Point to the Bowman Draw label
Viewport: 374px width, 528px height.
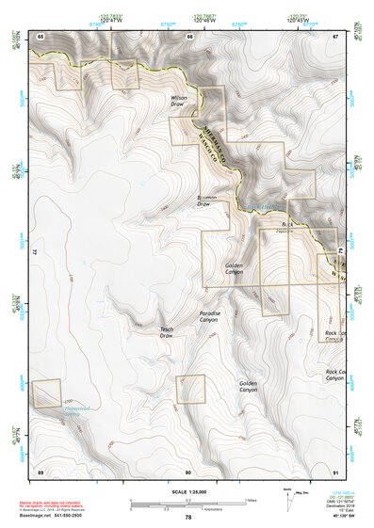click(x=207, y=200)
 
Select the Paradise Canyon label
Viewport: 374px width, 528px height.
click(x=208, y=316)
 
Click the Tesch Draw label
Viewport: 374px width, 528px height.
click(x=167, y=331)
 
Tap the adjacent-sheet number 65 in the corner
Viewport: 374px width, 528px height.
click(x=41, y=36)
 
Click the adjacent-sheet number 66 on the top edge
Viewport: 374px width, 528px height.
click(x=188, y=36)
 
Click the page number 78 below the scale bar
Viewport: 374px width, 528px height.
click(x=188, y=518)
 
